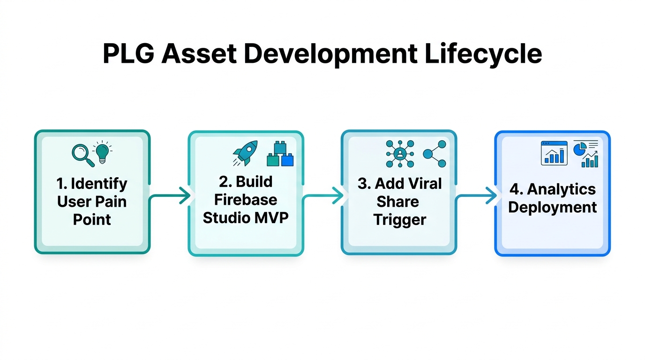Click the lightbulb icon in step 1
point(103,152)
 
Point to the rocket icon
point(245,153)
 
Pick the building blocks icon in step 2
point(280,154)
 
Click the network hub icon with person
point(400,154)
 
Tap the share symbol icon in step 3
point(434,154)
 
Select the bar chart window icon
point(554,153)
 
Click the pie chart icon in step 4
point(580,149)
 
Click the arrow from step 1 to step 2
point(171,196)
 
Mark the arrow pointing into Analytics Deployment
point(477,196)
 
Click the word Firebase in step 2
point(246,200)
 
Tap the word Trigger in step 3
point(400,219)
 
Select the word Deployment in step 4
point(552,208)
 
